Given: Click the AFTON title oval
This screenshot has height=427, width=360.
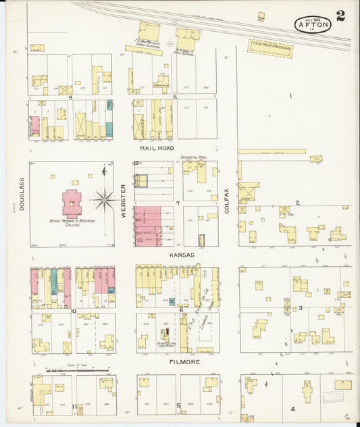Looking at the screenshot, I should tap(313, 25).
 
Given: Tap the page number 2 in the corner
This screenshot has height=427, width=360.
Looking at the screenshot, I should tap(340, 17).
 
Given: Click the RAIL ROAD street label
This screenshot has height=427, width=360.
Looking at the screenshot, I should tap(157, 147).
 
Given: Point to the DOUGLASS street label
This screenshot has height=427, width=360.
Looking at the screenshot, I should tap(21, 199).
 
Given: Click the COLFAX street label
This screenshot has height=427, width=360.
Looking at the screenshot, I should tap(227, 201).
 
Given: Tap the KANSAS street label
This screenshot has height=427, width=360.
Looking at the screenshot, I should tap(182, 255).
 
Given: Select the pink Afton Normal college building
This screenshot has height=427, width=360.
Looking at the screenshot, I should tap(72, 203).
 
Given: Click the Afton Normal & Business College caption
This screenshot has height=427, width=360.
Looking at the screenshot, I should tap(71, 223).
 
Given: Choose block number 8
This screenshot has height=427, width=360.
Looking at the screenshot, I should tap(174, 97).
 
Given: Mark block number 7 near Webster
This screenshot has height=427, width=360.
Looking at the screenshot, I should tap(178, 203).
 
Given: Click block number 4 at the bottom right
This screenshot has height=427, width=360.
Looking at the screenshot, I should tap(292, 409).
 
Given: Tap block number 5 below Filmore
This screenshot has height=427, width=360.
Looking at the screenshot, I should tap(178, 405).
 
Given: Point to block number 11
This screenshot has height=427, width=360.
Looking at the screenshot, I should tap(72, 405).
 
